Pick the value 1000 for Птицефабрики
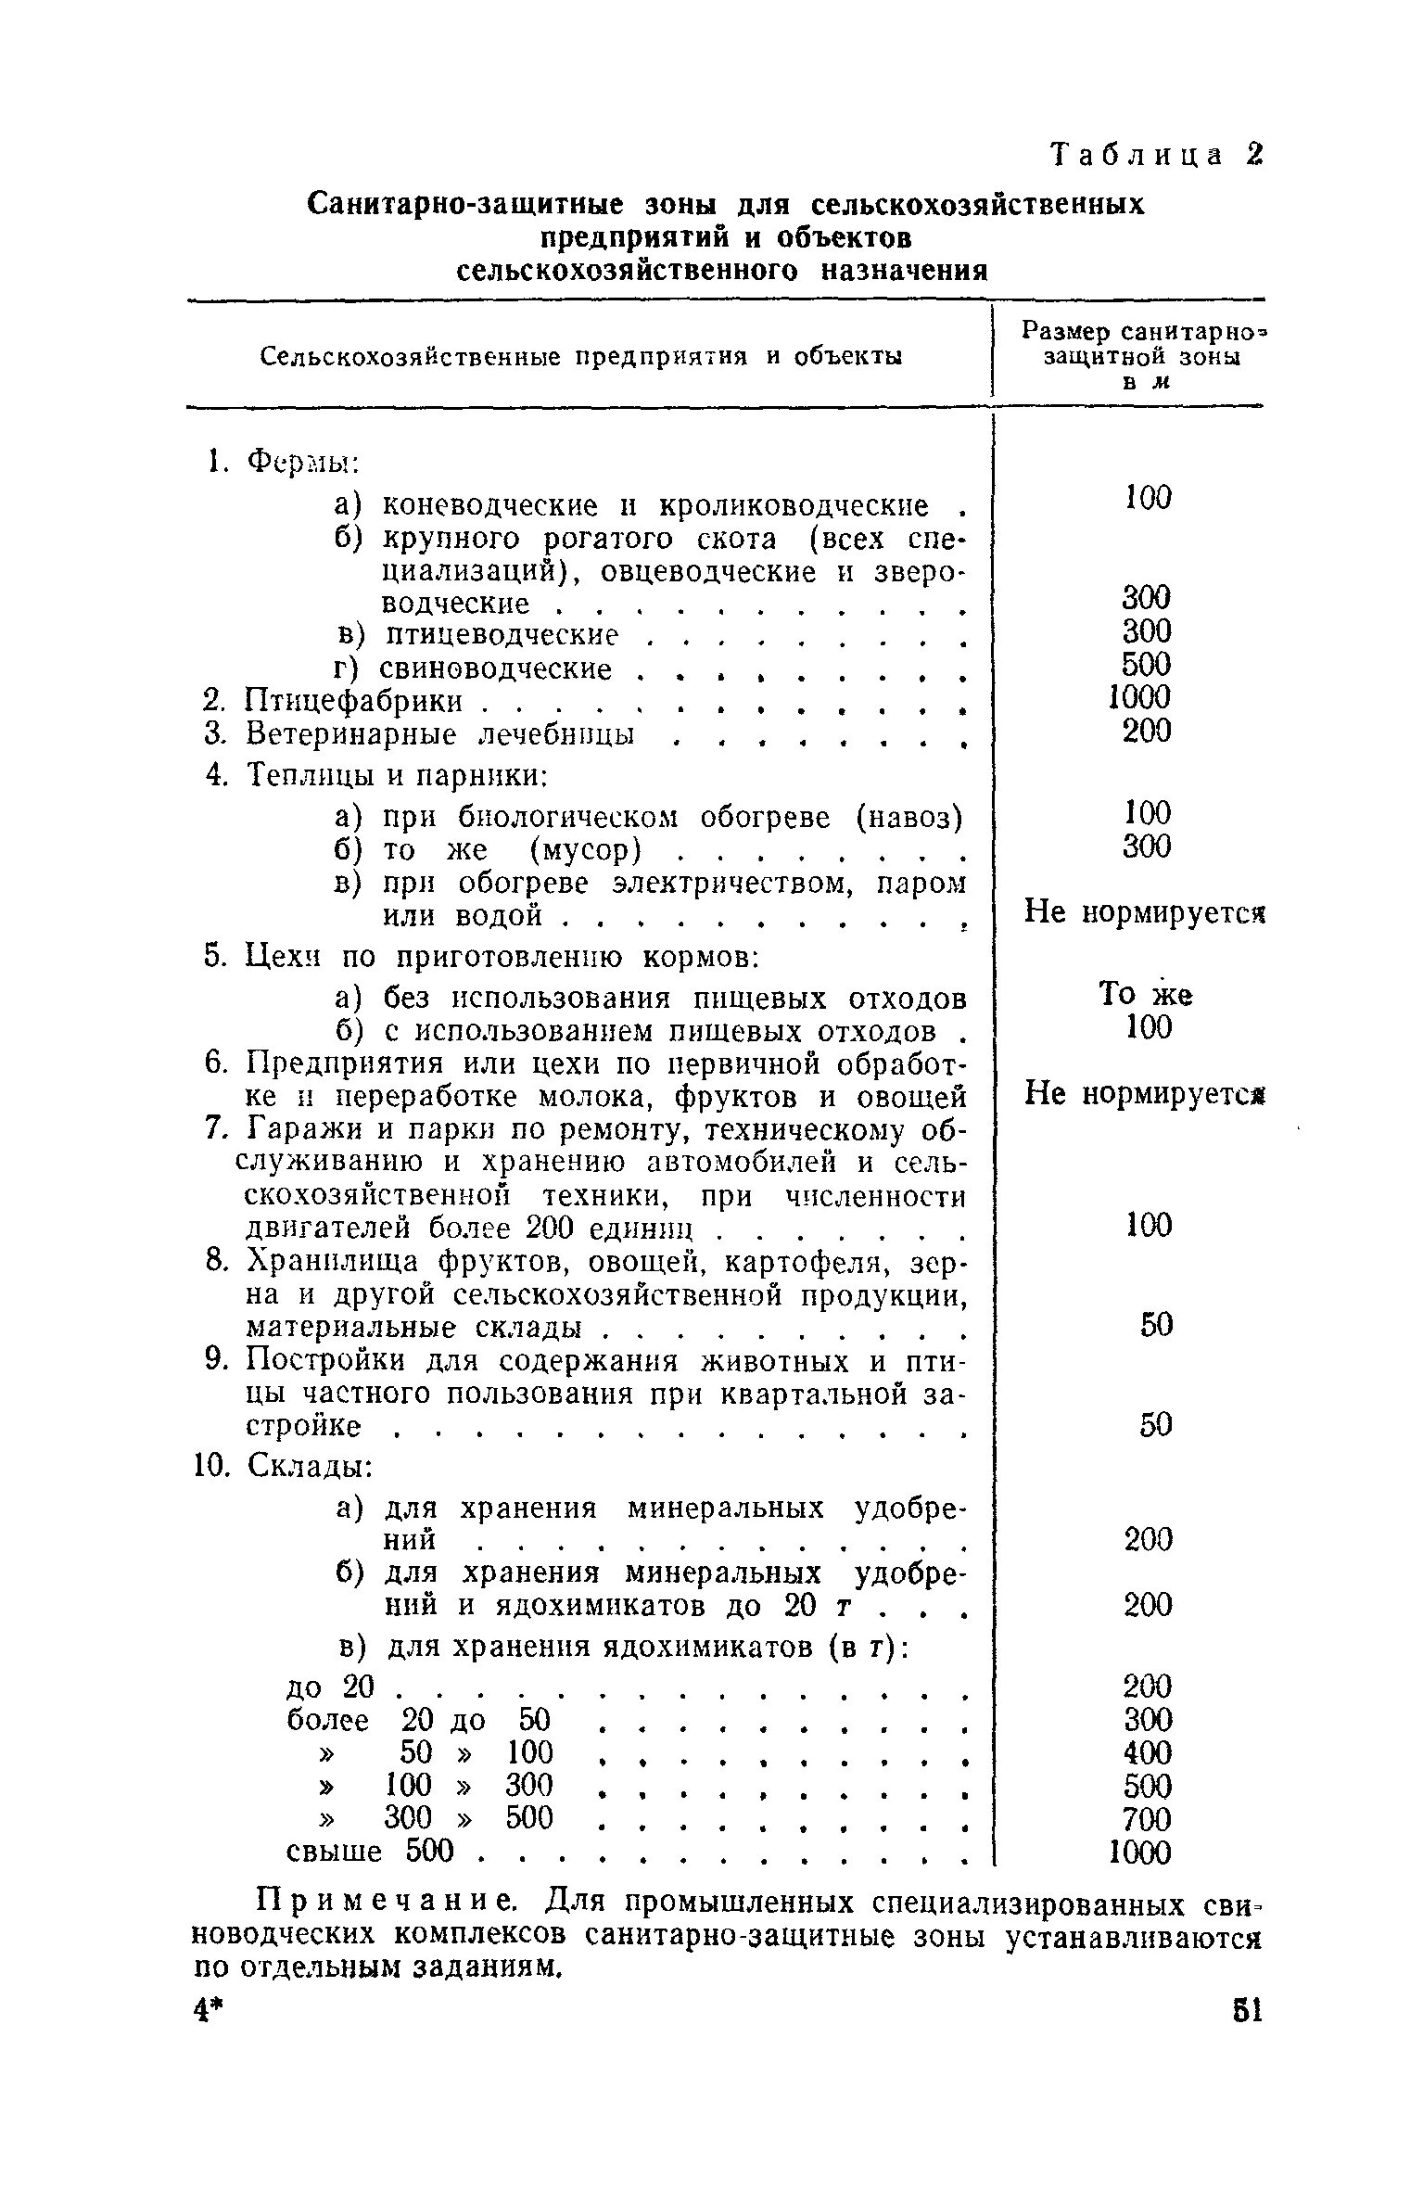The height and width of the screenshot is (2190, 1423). pos(1139,697)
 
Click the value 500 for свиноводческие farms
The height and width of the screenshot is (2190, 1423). pos(1147,664)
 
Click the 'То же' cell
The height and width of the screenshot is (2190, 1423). pos(1145,995)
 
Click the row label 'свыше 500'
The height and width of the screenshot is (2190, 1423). pos(370,1852)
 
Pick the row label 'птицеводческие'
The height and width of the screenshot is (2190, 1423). pos(501,635)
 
